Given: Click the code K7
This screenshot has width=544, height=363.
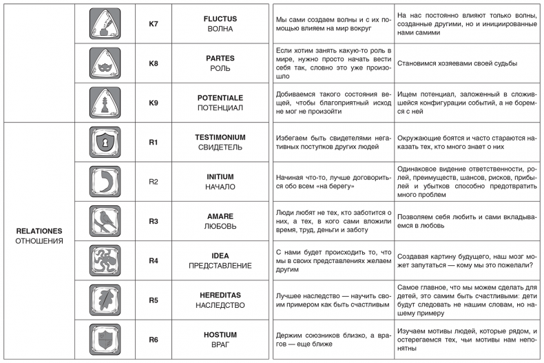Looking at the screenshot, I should pos(154,24).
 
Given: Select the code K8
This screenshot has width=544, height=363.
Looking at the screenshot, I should pos(154,63).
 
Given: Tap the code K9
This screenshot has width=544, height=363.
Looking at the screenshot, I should pos(154,103).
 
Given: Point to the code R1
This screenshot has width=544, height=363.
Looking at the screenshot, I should pos(154,143).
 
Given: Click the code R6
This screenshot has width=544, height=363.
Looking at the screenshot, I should pos(154,340).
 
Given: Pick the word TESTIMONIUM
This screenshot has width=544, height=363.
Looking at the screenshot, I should pos(220,137).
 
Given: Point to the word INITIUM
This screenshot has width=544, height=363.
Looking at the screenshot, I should pos(220,176).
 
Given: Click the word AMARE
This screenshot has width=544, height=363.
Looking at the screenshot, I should pos(220,216).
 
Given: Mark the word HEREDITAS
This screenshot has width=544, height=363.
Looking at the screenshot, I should pos(220,295).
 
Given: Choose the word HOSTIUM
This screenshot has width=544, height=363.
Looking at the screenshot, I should pos(220,334).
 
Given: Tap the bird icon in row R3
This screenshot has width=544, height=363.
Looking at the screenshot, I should pos(105,221).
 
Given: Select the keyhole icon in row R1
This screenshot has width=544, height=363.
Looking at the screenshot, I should pos(105,143).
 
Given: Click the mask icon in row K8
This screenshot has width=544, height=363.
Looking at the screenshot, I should pos(105,63).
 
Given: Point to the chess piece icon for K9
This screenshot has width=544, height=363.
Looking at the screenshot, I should pos(105,103).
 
